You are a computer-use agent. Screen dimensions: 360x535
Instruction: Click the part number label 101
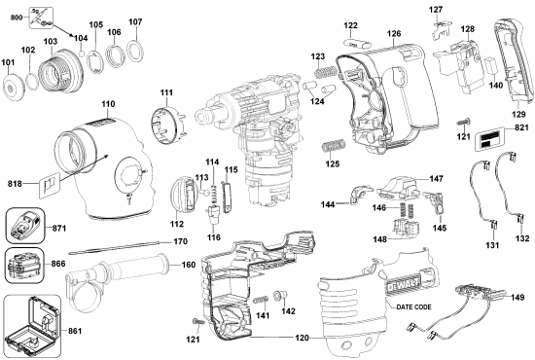[11, 65]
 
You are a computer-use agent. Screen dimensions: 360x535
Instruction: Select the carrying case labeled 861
[32, 329]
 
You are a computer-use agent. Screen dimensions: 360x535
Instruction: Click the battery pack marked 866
[23, 265]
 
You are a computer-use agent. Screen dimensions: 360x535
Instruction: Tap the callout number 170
[180, 241]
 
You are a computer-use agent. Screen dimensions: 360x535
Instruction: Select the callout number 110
[108, 102]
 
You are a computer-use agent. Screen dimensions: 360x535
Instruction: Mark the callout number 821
[523, 127]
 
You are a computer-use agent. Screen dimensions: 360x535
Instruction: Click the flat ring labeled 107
[135, 47]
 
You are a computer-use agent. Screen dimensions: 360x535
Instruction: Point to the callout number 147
[437, 180]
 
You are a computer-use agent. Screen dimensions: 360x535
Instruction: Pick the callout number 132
[523, 238]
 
